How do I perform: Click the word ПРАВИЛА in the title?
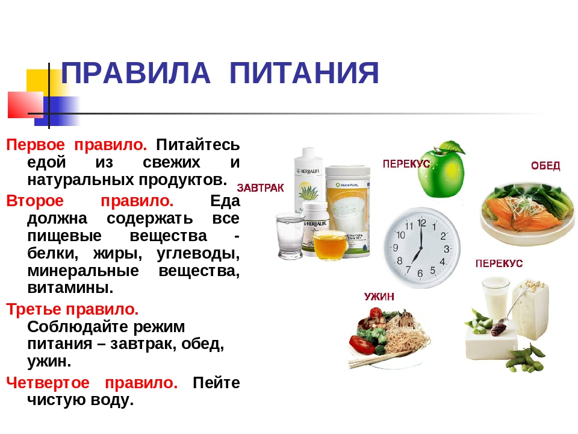(135, 73)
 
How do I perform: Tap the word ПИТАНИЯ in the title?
(304, 73)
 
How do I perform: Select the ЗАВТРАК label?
(260, 188)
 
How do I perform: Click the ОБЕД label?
(545, 166)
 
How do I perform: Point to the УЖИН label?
(379, 297)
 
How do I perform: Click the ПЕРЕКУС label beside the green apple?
(406, 164)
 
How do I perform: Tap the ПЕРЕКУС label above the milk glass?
(499, 263)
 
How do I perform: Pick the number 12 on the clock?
(421, 223)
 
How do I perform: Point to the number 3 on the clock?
(446, 249)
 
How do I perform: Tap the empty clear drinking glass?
(290, 236)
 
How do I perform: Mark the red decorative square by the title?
(25, 105)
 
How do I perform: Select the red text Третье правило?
(72, 309)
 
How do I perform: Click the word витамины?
(70, 288)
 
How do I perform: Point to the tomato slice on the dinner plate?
(362, 343)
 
